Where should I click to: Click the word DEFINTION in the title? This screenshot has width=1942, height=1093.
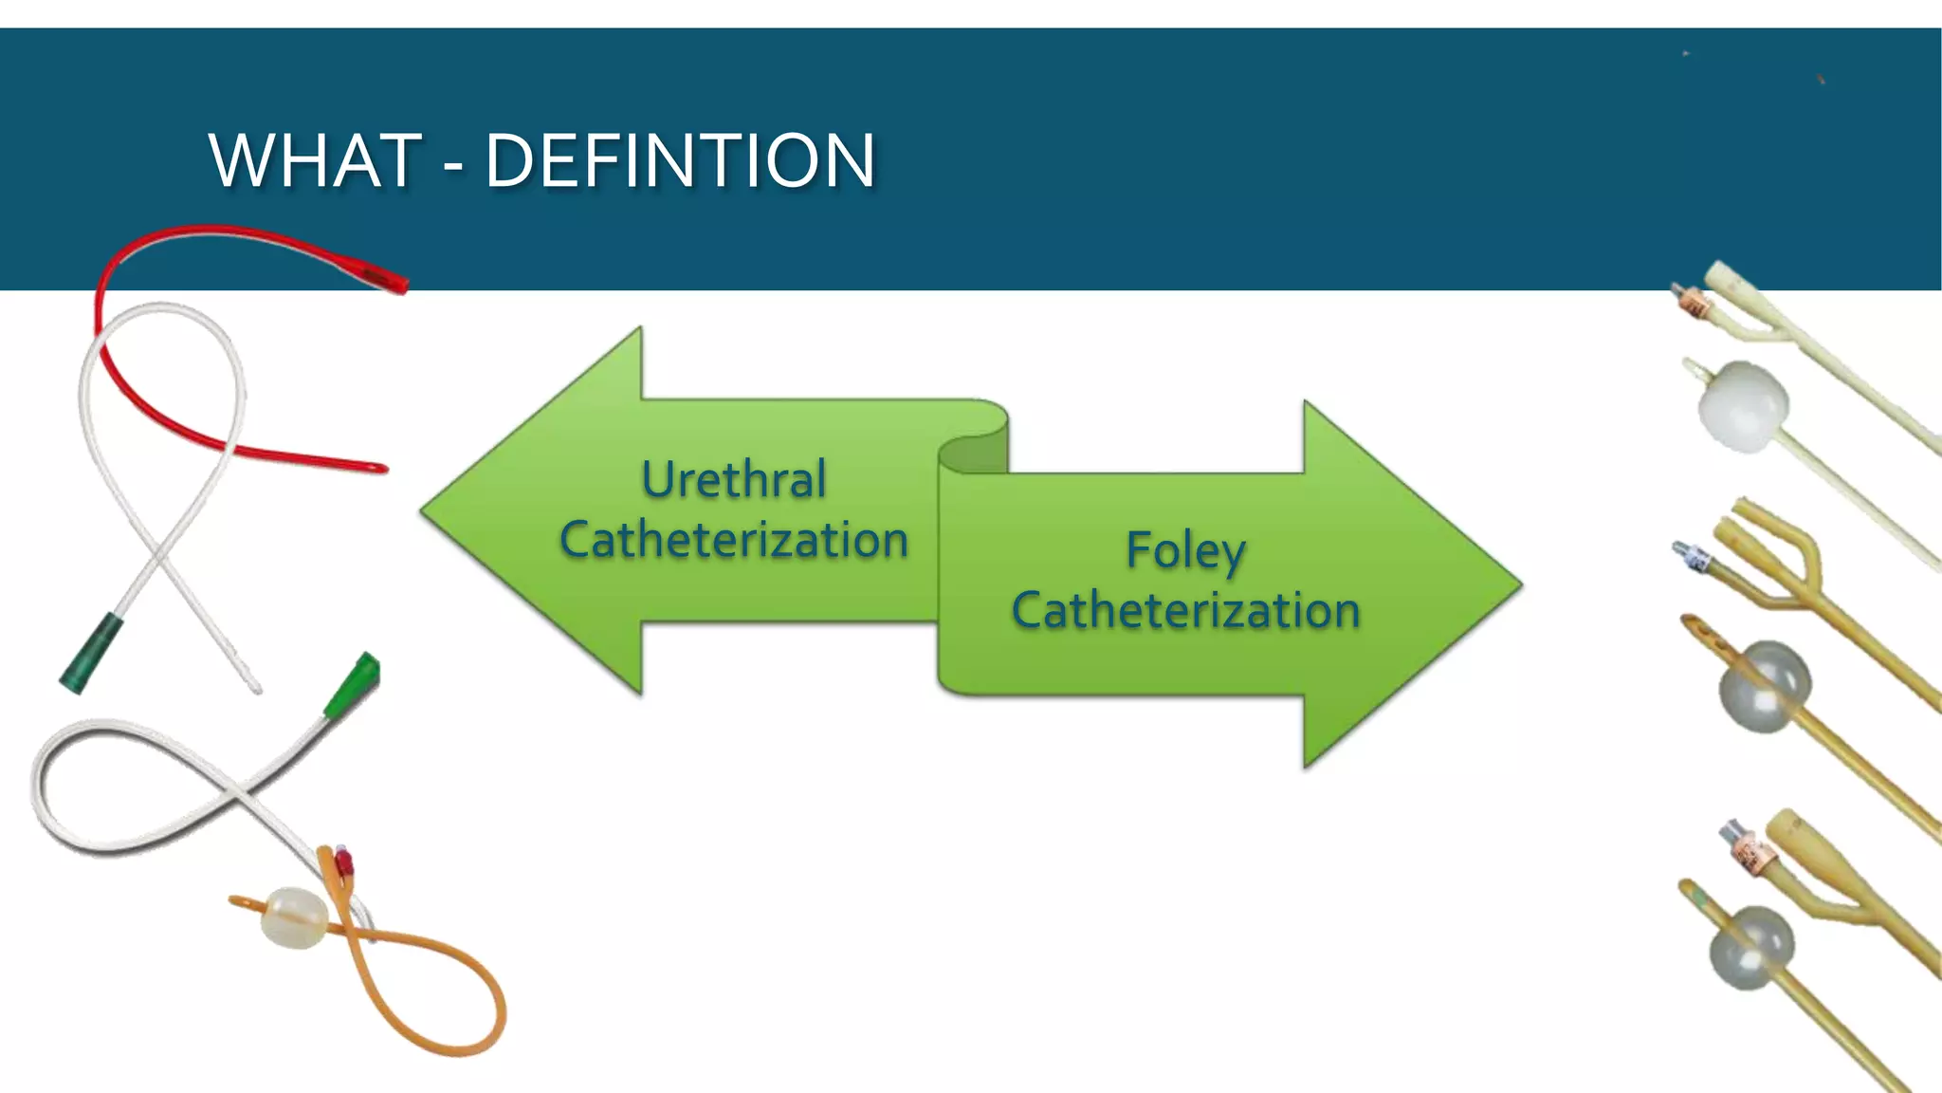(680, 160)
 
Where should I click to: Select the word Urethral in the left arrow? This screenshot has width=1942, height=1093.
(734, 479)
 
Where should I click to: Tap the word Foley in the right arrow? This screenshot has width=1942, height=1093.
(1185, 551)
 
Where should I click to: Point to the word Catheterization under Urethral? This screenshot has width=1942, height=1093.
(734, 540)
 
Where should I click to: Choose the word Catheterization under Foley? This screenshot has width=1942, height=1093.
(1185, 610)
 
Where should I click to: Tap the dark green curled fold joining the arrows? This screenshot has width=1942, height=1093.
(973, 454)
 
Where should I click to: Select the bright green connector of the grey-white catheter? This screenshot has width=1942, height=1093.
(353, 685)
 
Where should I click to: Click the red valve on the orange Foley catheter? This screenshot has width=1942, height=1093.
(343, 861)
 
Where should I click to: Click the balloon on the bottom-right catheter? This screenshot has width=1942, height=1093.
(1751, 947)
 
